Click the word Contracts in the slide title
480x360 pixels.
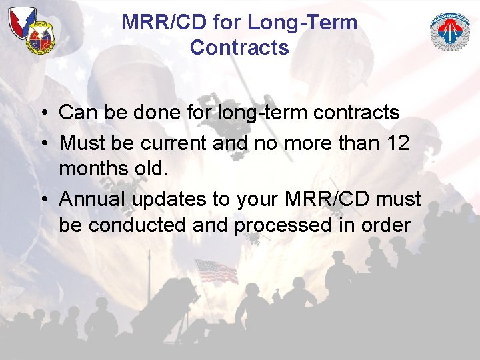[239, 48]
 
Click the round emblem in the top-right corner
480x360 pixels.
[450, 32]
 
